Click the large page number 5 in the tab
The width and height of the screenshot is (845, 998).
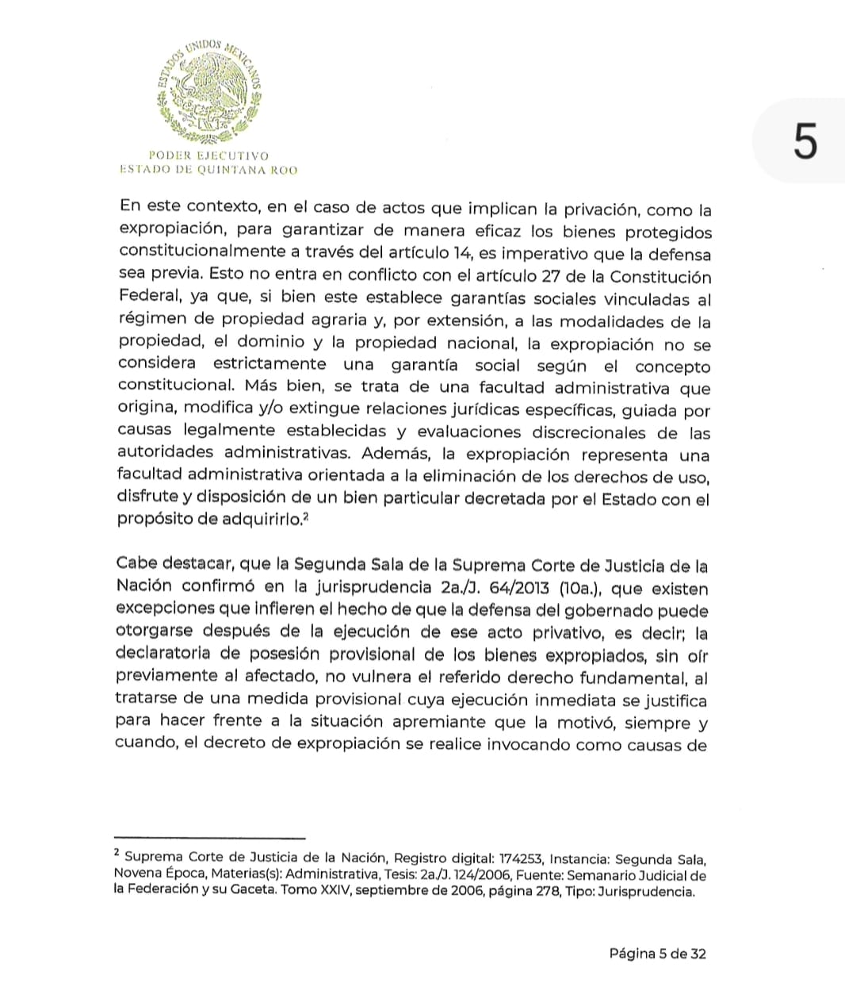pos(804,143)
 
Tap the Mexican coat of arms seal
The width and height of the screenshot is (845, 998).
pos(209,88)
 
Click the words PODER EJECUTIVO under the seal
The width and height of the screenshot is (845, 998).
pos(208,155)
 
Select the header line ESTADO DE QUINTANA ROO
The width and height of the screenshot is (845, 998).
pos(208,169)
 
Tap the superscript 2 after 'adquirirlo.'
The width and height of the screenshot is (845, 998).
pos(304,516)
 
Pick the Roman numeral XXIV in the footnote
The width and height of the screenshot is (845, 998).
pos(323,891)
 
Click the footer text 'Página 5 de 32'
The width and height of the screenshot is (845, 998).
pos(657,954)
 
